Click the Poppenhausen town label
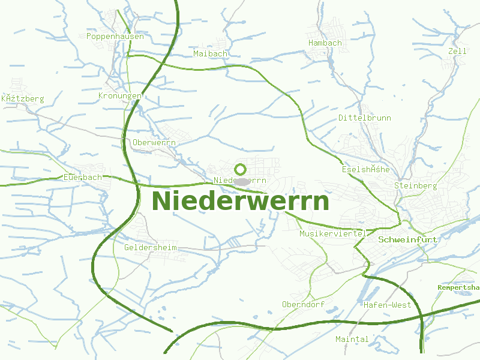click(x=115, y=37)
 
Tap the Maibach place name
click(x=211, y=54)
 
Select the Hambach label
click(x=325, y=43)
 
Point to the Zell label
click(x=457, y=52)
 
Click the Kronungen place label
click(x=120, y=96)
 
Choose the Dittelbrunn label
click(x=364, y=118)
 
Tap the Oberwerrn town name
click(x=154, y=143)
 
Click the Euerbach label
click(x=83, y=178)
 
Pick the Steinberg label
click(x=415, y=186)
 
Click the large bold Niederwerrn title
click(x=241, y=201)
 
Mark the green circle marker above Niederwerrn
click(x=241, y=169)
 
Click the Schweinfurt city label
click(x=408, y=239)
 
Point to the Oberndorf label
click(x=303, y=305)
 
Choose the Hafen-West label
click(x=387, y=305)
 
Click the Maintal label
click(x=352, y=340)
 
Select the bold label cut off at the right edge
click(x=458, y=288)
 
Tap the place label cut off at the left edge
click(x=23, y=98)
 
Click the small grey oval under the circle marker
click(x=241, y=181)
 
